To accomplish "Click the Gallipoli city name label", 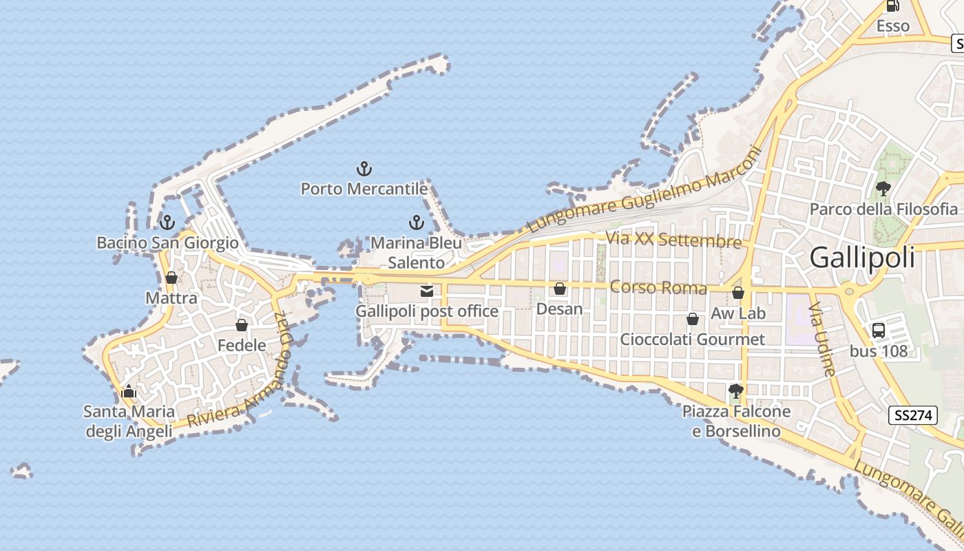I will pos(862,258).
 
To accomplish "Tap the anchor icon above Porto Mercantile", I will pos(364,168).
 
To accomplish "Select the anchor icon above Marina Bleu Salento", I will pos(416,222).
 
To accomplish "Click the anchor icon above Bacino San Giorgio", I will pos(166,222).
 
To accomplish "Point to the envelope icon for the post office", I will pos(427,291).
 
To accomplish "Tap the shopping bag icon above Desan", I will pos(560,289).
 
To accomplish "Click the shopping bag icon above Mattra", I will pos(171,278).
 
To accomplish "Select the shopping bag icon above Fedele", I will pos(242,325).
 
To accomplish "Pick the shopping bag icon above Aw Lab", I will pos(738,293).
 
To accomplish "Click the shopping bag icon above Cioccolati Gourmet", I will pos(693,319).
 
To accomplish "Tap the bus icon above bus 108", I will pos(879,331).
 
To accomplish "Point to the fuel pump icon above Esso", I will pos(892,6).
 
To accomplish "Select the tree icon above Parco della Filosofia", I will pos(883,188).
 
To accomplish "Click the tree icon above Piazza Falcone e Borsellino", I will pos(736,391).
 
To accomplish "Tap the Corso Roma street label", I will pos(658,287).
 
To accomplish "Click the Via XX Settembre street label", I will pos(673,240).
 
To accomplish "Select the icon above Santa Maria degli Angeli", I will pos(129,393).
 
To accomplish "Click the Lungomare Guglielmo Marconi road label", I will pos(644,190).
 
